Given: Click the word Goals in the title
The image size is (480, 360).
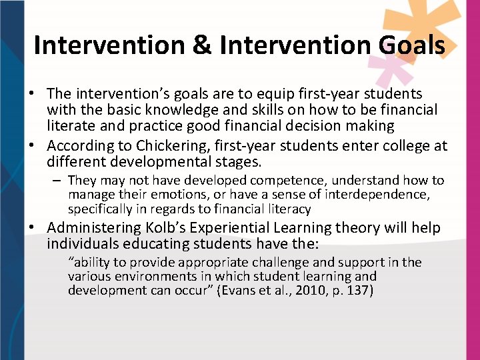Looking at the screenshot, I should click(411, 45).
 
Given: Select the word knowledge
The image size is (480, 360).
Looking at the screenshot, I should click(159, 109).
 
